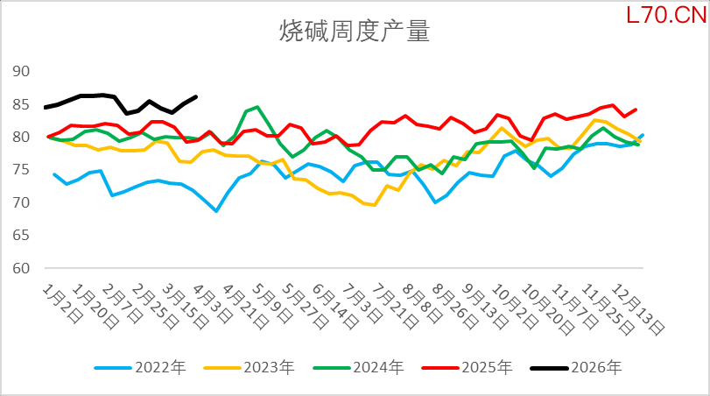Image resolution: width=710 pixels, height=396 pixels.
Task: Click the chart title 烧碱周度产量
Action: click(354, 32)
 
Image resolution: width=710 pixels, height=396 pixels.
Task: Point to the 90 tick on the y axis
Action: click(21, 72)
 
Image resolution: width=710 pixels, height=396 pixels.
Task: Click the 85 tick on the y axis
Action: click(21, 104)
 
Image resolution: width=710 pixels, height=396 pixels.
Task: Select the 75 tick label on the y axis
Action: click(21, 170)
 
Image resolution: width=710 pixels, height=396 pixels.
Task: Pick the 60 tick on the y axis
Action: click(21, 268)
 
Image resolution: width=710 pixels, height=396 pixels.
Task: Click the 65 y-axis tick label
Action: click(21, 236)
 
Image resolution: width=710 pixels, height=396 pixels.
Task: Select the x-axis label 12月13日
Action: click(637, 302)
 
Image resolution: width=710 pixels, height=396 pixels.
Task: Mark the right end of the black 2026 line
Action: click(195, 96)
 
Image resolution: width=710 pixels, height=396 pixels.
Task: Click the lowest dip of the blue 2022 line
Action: click(215, 211)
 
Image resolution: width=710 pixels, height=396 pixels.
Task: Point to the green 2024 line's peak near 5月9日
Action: click(257, 107)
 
